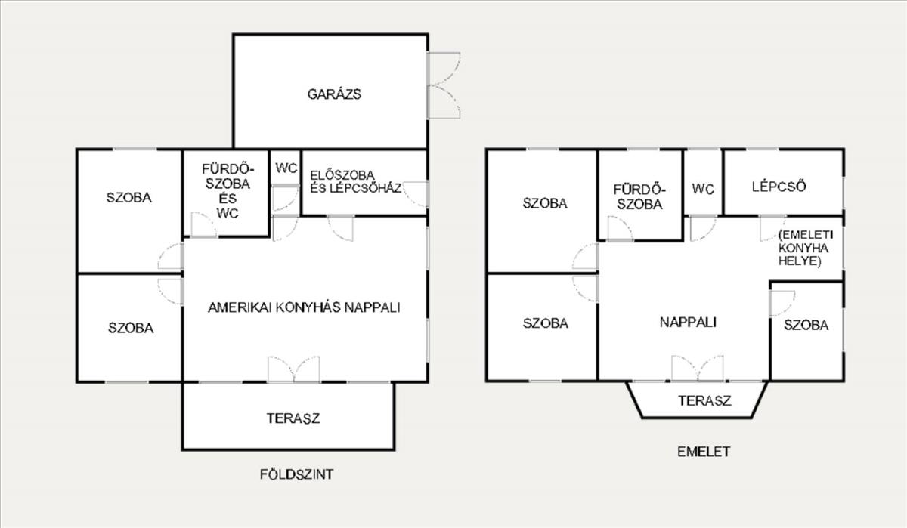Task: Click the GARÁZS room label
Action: [x=334, y=94]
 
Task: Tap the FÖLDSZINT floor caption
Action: [x=297, y=474]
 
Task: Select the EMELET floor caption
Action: [x=704, y=452]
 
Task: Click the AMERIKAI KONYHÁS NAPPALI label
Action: [x=304, y=307]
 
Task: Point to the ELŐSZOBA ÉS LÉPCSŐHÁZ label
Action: [x=355, y=181]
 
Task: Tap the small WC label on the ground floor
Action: [x=286, y=168]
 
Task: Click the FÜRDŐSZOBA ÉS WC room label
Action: [x=228, y=191]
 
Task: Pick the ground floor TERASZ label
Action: [x=293, y=418]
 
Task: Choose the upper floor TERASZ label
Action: [x=704, y=400]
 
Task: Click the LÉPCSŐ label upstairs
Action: [x=779, y=187]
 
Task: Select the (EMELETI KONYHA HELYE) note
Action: [x=805, y=248]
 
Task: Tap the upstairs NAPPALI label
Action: [x=688, y=322]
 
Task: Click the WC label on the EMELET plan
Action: [x=703, y=189]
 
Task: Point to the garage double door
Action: [x=444, y=85]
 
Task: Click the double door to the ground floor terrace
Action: [x=293, y=369]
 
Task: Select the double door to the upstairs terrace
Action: [x=697, y=368]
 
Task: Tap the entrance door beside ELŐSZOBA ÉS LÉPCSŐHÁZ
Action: [x=415, y=194]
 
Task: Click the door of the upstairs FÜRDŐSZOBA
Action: [x=621, y=229]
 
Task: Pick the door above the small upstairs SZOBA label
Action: [x=782, y=304]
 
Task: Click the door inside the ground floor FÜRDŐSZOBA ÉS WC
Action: [x=204, y=224]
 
